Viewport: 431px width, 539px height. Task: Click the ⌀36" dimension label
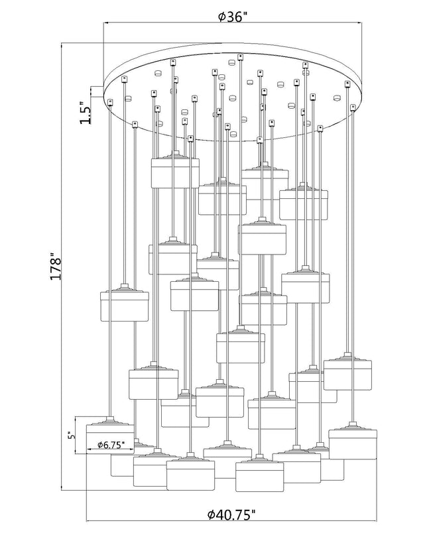(x=233, y=16)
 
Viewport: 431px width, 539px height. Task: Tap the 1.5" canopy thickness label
(x=86, y=113)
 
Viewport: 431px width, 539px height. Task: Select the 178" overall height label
(x=56, y=267)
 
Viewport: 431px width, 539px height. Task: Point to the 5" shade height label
(x=71, y=435)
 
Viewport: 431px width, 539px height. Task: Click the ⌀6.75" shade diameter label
(x=110, y=445)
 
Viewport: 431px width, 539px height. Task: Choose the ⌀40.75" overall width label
(x=231, y=524)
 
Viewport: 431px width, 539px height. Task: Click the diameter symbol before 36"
(x=221, y=17)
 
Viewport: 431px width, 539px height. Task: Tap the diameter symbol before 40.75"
(x=212, y=524)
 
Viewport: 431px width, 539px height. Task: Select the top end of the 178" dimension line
(x=61, y=44)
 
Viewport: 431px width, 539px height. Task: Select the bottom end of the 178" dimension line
(x=61, y=489)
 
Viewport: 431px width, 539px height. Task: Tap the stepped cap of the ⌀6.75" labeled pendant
(x=110, y=422)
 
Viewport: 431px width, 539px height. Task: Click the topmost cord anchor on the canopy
(x=240, y=56)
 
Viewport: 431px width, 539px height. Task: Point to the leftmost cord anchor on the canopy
(x=110, y=102)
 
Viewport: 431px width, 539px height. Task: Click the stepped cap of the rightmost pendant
(x=353, y=426)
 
